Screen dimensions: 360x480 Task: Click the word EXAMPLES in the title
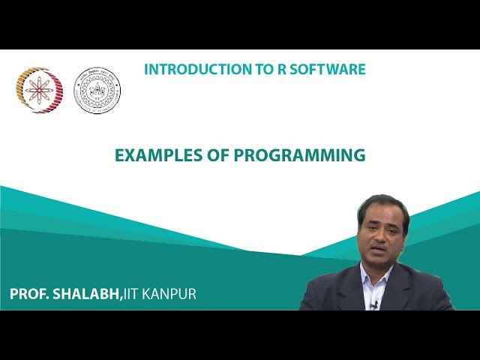153,156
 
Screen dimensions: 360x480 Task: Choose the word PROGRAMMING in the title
297,156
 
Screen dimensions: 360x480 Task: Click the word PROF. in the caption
29,294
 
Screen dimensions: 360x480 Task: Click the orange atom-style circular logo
40,90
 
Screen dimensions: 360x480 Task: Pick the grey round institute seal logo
97,91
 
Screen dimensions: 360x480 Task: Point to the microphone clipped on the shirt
373,304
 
